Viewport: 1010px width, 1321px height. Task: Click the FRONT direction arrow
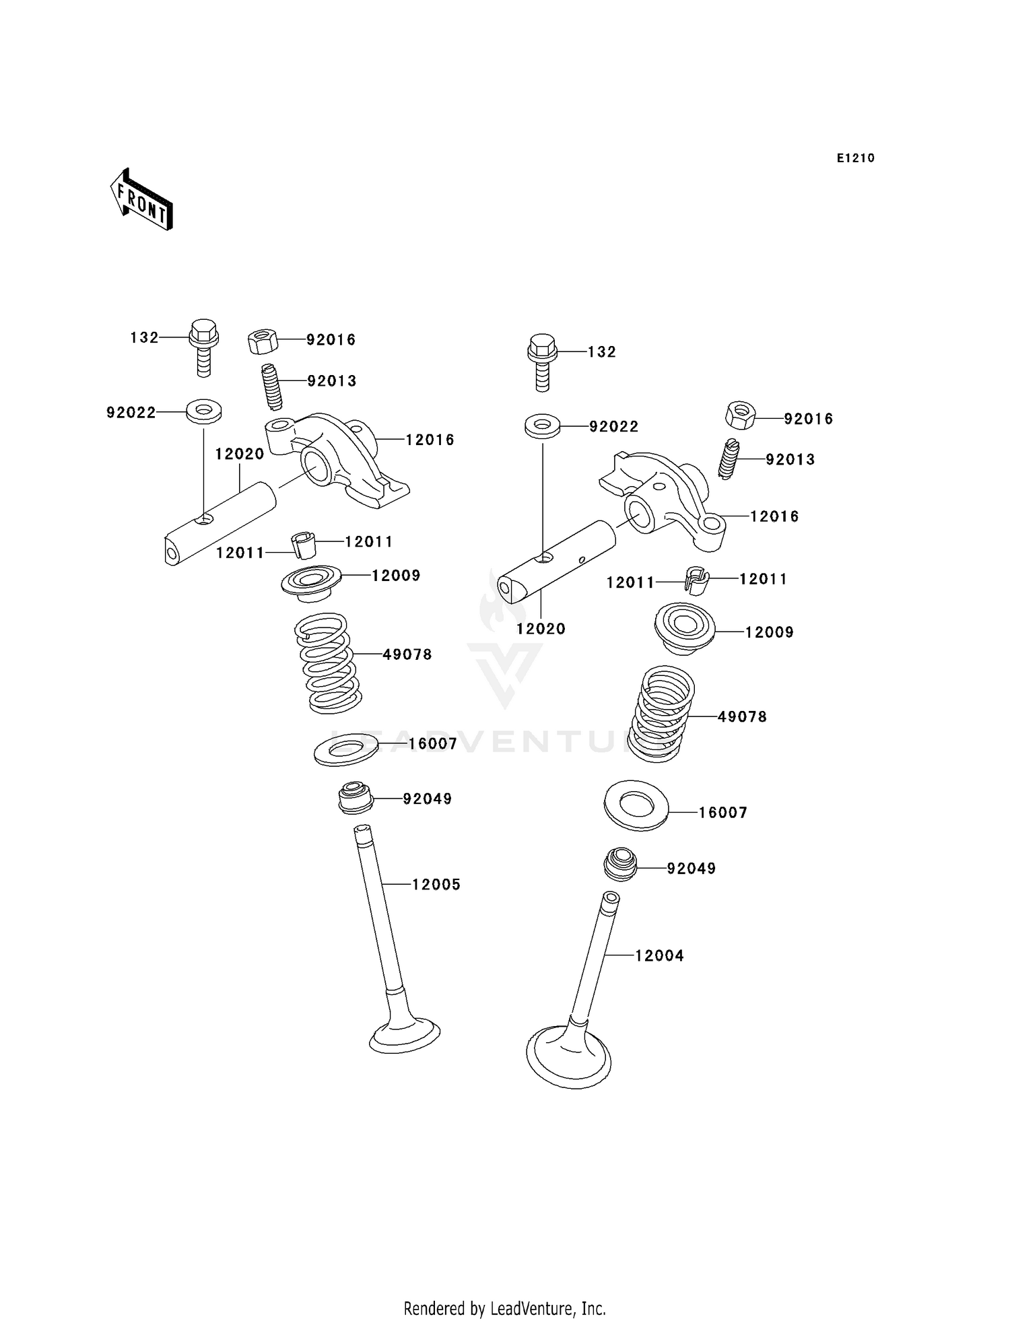click(142, 199)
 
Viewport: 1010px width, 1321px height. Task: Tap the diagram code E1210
click(855, 158)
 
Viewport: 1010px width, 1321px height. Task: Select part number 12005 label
click(436, 885)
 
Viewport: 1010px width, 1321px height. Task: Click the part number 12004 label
click(659, 956)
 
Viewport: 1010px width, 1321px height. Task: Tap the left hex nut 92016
click(263, 341)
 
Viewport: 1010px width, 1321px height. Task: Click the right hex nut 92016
click(740, 414)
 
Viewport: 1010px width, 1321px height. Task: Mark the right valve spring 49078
click(662, 714)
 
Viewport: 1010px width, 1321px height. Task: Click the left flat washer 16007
click(346, 750)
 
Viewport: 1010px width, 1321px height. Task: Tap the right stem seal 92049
click(619, 865)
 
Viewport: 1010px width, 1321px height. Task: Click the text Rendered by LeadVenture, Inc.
click(504, 1308)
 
